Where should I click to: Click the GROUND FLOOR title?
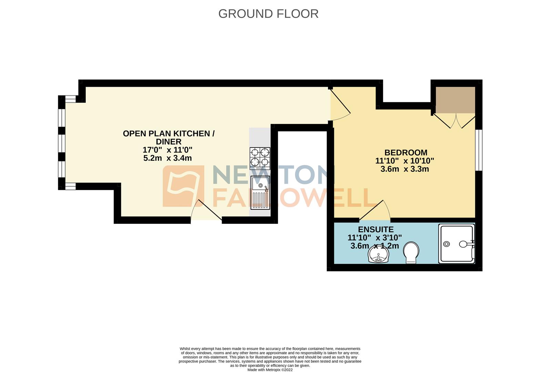[268, 14]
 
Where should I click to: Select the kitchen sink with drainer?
[260, 193]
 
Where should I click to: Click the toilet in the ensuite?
[411, 252]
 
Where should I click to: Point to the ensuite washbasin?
[378, 255]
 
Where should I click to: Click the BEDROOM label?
[406, 152]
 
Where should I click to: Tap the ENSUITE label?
[375, 229]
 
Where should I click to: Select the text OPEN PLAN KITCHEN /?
[169, 133]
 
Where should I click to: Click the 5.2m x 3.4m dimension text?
[167, 158]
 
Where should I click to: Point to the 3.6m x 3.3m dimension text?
[405, 169]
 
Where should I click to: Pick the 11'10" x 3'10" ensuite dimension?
[375, 238]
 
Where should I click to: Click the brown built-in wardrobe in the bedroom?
[455, 100]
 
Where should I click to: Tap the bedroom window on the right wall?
[479, 150]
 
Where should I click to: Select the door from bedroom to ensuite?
[376, 211]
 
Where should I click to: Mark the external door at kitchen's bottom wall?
[206, 211]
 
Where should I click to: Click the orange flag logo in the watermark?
[183, 186]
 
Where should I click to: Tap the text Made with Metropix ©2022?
[270, 370]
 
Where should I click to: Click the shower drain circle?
[447, 244]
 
